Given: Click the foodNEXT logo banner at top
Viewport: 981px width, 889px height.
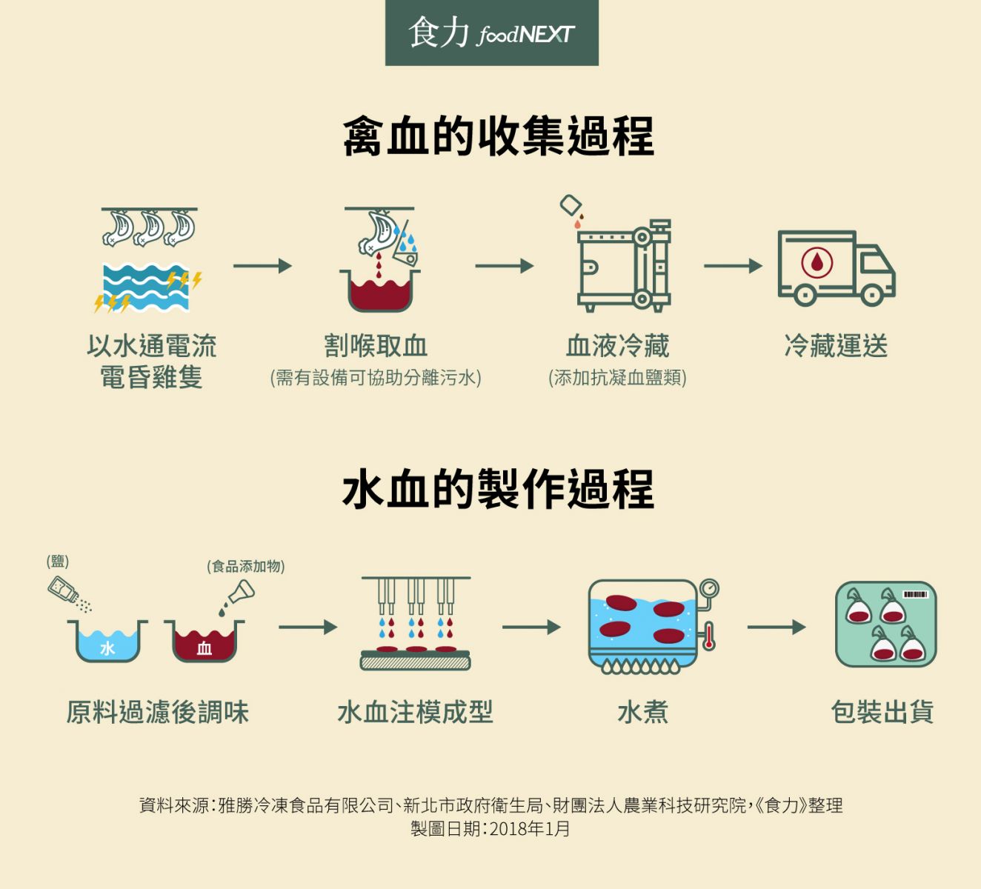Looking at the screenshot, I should coord(491,33).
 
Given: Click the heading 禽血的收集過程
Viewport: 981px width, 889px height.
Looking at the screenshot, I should coord(498,137).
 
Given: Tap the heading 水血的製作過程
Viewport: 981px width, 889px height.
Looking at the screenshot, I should coord(498,490).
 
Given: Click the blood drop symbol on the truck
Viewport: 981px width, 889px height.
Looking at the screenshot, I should coord(817,262).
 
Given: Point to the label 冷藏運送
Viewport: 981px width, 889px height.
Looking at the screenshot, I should coord(836,346).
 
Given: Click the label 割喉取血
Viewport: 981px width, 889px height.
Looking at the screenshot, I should coord(376,346).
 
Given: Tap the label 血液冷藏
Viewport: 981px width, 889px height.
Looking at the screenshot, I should coord(617,346).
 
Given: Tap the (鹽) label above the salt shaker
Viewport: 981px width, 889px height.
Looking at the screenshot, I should coord(58,562).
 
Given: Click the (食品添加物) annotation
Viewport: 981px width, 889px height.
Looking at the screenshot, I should coord(246,567).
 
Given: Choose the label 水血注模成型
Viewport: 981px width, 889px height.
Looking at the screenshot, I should coord(415,712).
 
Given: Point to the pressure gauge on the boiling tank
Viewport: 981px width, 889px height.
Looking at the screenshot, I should coord(709,589).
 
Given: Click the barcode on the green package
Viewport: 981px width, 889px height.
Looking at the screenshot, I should coord(915,594).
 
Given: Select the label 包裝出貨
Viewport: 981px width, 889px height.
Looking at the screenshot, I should coord(882,712).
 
